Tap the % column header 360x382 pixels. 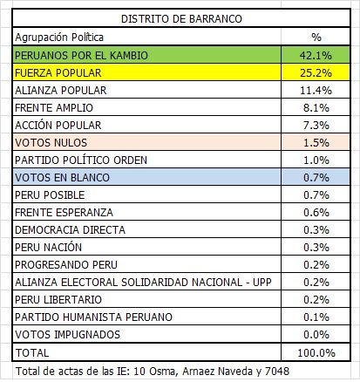coord(316,38)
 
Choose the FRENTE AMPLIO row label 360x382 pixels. coord(54,107)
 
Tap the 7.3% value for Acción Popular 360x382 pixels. coord(317,125)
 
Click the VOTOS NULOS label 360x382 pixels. coord(51,142)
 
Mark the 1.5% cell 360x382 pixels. coord(317,142)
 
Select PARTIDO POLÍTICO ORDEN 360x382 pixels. coord(80,160)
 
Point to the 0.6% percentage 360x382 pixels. coord(317,212)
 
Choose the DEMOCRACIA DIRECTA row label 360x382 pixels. coord(69,229)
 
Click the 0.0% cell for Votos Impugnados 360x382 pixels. coord(317,334)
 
